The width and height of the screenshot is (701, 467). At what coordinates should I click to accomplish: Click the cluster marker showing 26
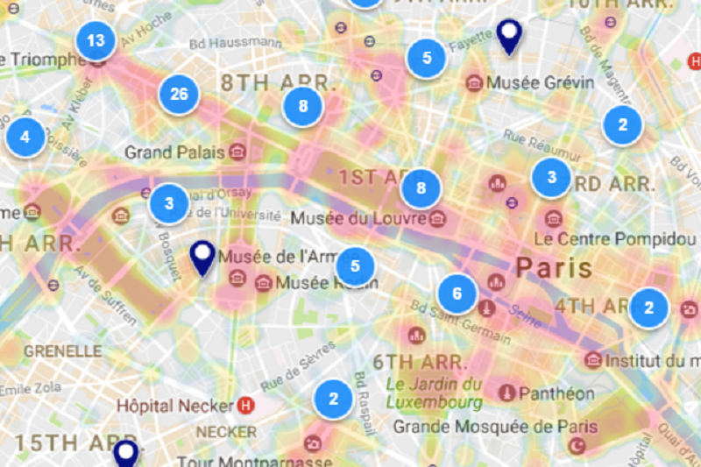179,95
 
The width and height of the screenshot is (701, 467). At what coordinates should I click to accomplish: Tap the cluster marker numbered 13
96,40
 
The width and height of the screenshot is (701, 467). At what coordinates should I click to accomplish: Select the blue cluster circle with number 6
457,294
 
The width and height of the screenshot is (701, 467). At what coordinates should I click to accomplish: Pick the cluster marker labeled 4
26,137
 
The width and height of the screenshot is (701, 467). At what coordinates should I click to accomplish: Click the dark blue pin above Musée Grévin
508,35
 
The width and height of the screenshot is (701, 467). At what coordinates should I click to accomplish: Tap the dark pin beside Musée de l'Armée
203,258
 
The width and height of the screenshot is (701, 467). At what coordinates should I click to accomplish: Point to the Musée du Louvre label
359,216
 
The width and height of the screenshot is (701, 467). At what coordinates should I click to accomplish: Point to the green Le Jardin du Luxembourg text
435,393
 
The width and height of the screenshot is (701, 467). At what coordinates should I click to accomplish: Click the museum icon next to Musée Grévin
475,82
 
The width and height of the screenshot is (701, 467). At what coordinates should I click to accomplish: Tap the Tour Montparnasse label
254,461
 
